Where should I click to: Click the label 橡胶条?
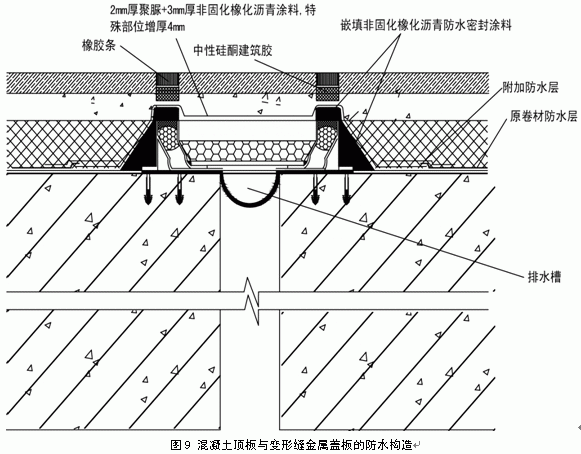click(x=99, y=46)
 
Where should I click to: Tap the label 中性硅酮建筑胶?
click(x=233, y=50)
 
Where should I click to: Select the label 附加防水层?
click(x=530, y=87)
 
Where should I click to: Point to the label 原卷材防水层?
click(x=543, y=116)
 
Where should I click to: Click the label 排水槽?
click(x=544, y=276)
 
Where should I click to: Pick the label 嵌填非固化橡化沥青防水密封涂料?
click(x=426, y=25)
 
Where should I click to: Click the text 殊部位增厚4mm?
click(x=147, y=27)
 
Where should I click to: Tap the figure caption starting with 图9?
click(x=295, y=444)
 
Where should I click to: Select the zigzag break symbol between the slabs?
click(x=252, y=301)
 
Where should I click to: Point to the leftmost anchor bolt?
click(x=148, y=188)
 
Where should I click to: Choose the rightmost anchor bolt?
click(x=346, y=188)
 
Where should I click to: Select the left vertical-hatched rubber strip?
click(x=167, y=79)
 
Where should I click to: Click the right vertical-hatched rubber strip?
click(x=328, y=79)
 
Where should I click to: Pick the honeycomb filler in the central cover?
click(x=247, y=150)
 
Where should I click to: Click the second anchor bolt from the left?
click(x=179, y=188)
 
